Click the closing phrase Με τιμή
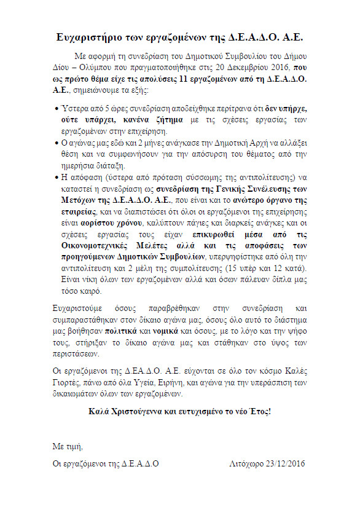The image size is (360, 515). coord(67,446)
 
